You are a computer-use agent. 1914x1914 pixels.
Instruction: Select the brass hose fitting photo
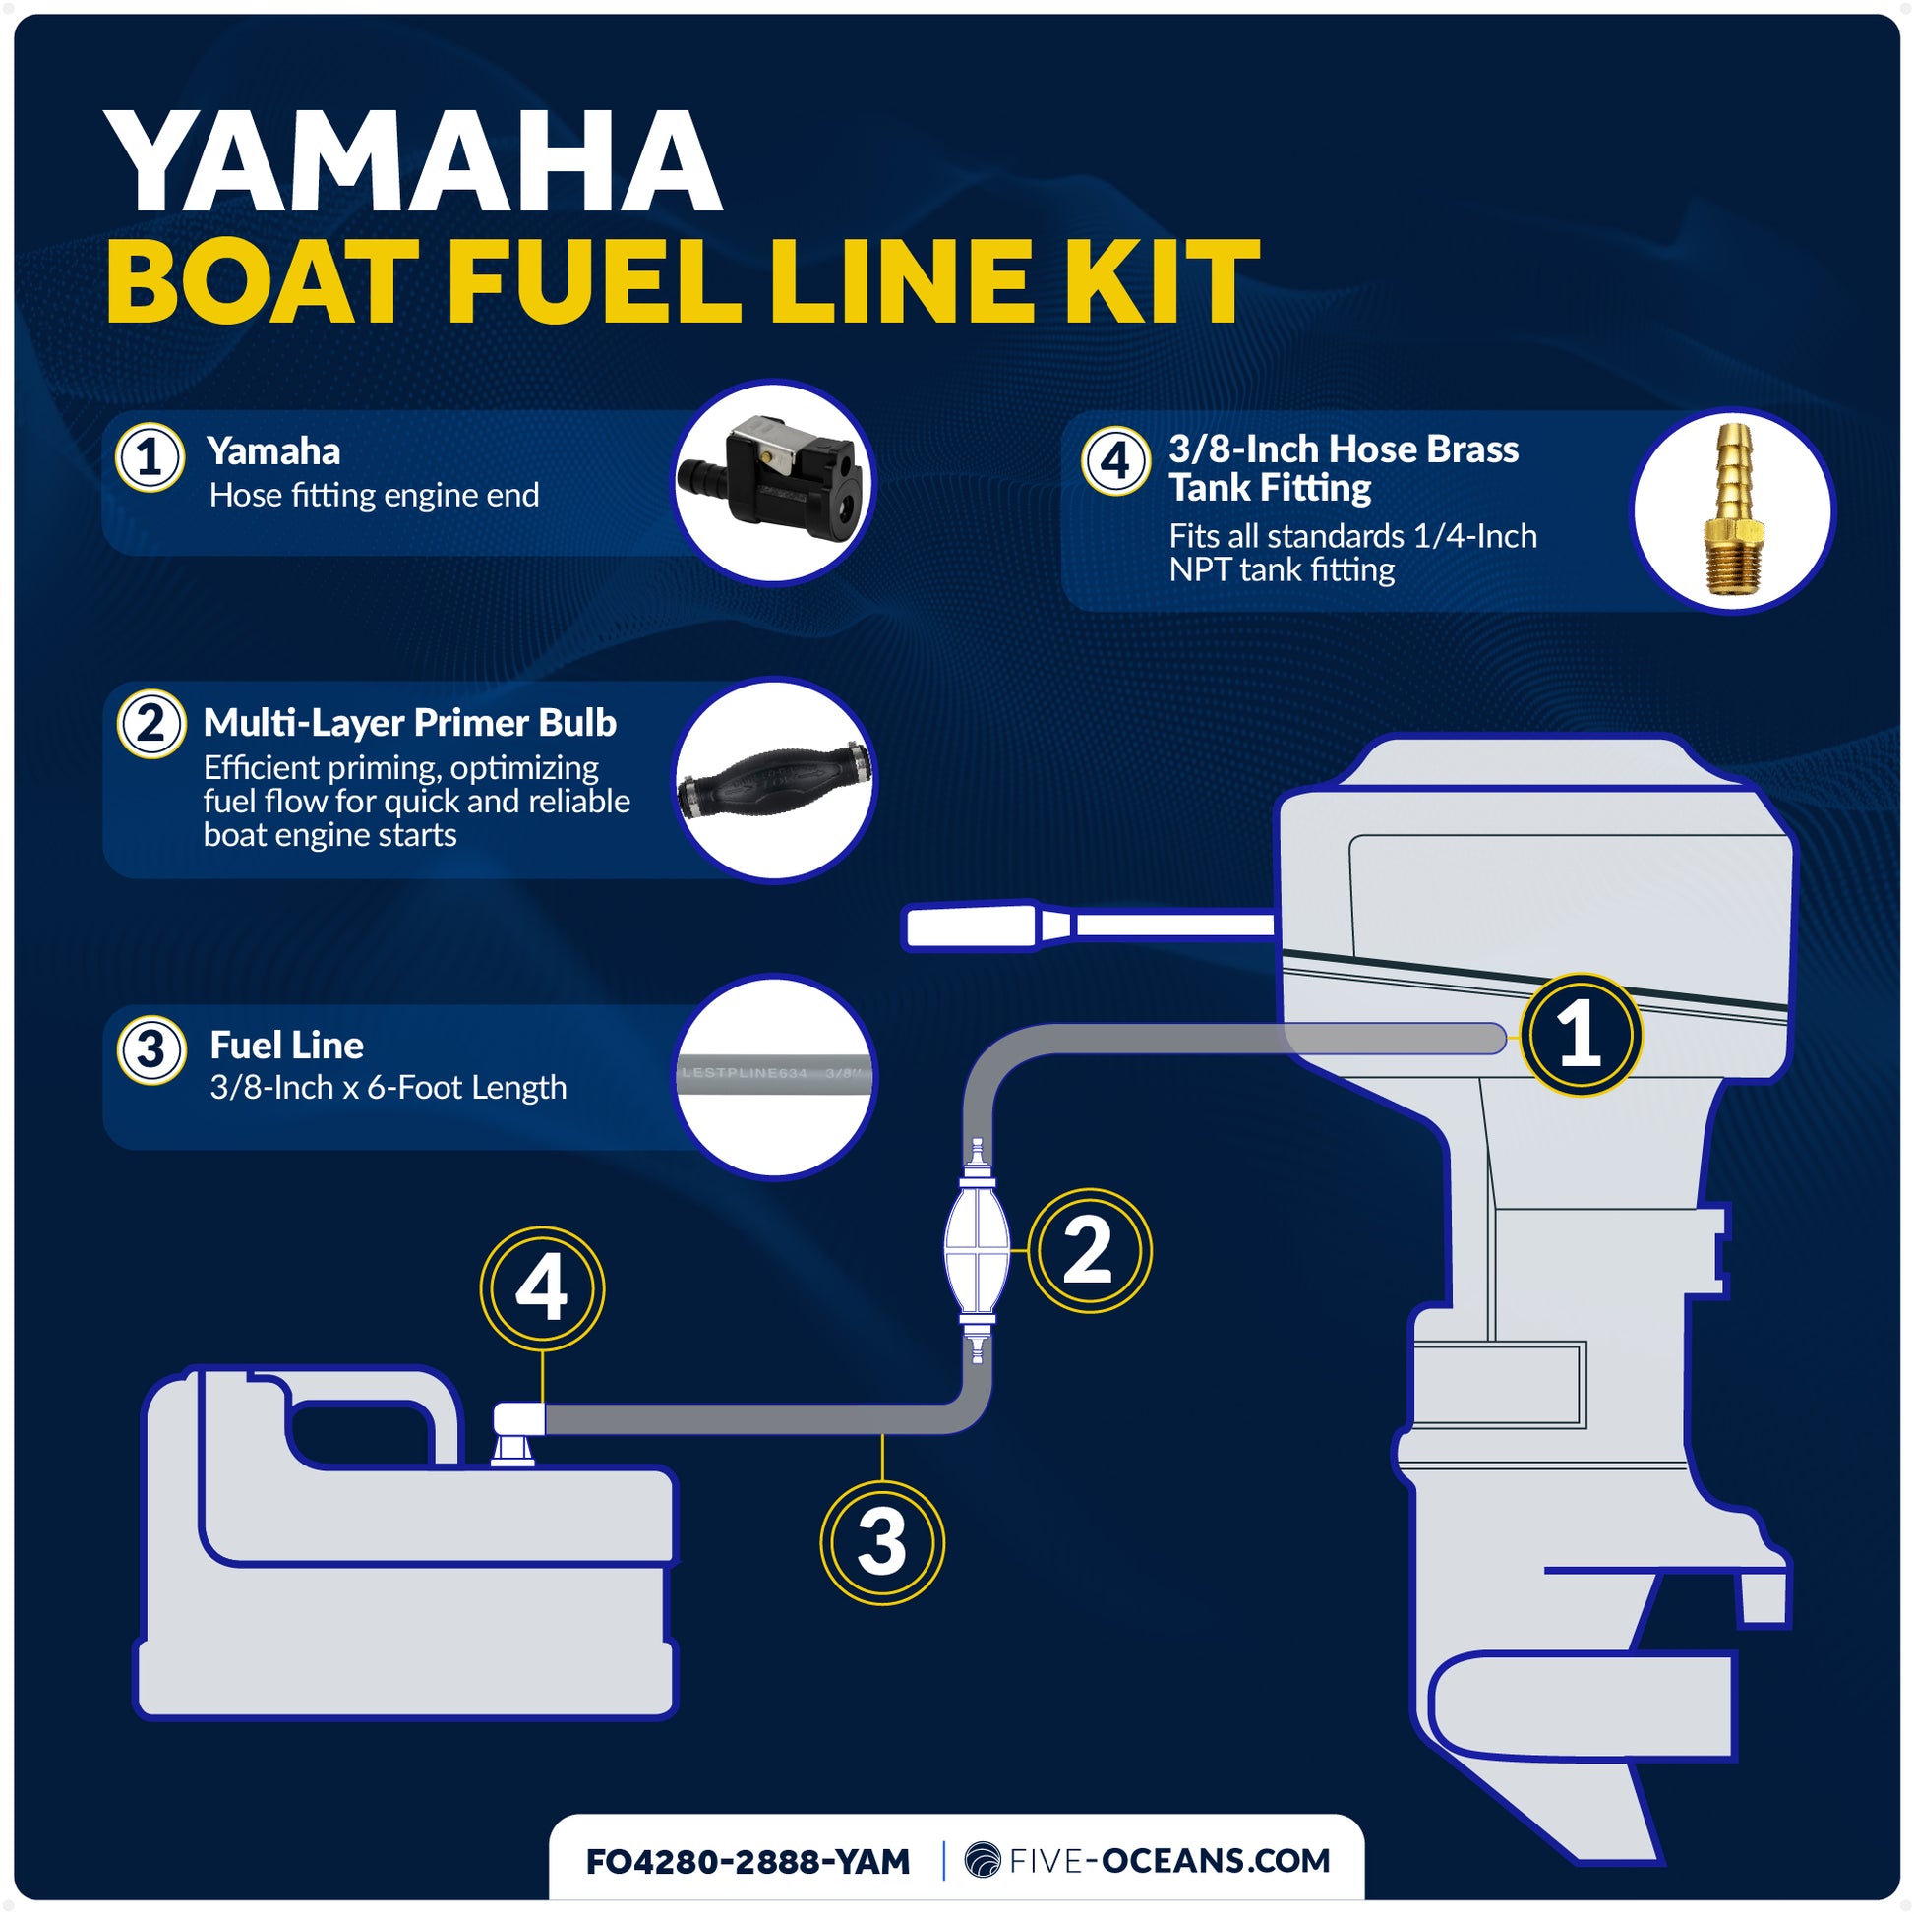point(1733,511)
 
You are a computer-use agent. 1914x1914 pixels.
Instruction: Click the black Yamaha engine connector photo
point(774,483)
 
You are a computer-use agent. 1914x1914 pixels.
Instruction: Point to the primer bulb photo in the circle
point(774,780)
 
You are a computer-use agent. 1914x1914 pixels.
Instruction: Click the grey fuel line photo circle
point(774,1077)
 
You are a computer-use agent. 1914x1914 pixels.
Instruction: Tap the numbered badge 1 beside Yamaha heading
point(150,456)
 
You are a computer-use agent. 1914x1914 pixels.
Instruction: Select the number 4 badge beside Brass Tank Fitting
point(1115,460)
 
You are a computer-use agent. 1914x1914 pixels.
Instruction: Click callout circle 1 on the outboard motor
point(1581,1035)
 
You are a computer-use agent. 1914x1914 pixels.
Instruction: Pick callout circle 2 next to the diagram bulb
point(1089,1250)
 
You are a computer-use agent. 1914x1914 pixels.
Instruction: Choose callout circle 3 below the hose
point(881,1542)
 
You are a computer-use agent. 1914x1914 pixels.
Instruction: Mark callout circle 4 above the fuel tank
point(542,1288)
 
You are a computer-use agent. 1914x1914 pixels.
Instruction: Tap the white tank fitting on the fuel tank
point(517,1432)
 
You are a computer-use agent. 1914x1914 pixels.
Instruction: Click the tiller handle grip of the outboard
point(971,927)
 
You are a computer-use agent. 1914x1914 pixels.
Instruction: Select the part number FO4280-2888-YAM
point(747,1862)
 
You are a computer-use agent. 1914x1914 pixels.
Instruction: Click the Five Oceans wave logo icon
point(983,1861)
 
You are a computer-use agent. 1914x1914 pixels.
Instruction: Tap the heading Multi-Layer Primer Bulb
point(409,723)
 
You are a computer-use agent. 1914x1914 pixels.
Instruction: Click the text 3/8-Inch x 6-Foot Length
point(388,1088)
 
